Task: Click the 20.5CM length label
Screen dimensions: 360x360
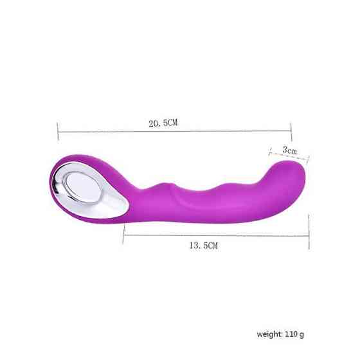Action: click(x=164, y=123)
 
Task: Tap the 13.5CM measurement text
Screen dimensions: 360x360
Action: click(x=205, y=246)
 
